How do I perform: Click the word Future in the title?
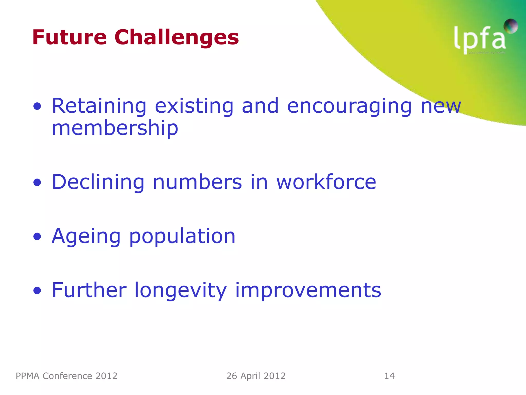tap(69, 37)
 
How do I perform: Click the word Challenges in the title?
tap(177, 38)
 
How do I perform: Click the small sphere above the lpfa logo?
tap(510, 26)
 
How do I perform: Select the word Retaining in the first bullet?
tap(99, 106)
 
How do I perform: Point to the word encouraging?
tap(350, 106)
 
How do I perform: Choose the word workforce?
tap(326, 182)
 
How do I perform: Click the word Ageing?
tap(86, 236)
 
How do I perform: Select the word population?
tap(182, 237)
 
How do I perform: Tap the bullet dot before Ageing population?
tap(37, 237)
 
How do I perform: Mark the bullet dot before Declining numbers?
tap(37, 183)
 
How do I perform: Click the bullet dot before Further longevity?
tap(37, 291)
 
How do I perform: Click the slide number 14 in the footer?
tap(389, 376)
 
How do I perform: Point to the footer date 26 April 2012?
tap(256, 376)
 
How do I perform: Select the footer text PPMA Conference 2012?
tap(67, 376)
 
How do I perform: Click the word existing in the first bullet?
tap(194, 106)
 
